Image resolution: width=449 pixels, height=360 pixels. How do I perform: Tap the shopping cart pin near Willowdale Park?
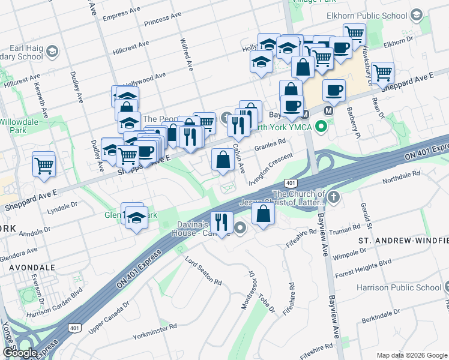[x=44, y=164]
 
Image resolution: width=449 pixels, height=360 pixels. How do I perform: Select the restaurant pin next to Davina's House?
[x=221, y=223]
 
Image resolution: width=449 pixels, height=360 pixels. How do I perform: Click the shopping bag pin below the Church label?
[x=264, y=213]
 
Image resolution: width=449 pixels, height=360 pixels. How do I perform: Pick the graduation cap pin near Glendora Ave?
[x=136, y=220]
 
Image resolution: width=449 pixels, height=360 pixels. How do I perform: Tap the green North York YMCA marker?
[x=321, y=127]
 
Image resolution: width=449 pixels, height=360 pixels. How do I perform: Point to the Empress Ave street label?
[x=124, y=16]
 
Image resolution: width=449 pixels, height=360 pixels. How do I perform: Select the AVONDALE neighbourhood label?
[x=29, y=267]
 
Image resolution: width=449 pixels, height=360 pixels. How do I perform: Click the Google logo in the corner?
[x=20, y=353]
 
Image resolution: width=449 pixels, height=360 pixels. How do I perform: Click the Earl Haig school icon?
[x=52, y=51]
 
